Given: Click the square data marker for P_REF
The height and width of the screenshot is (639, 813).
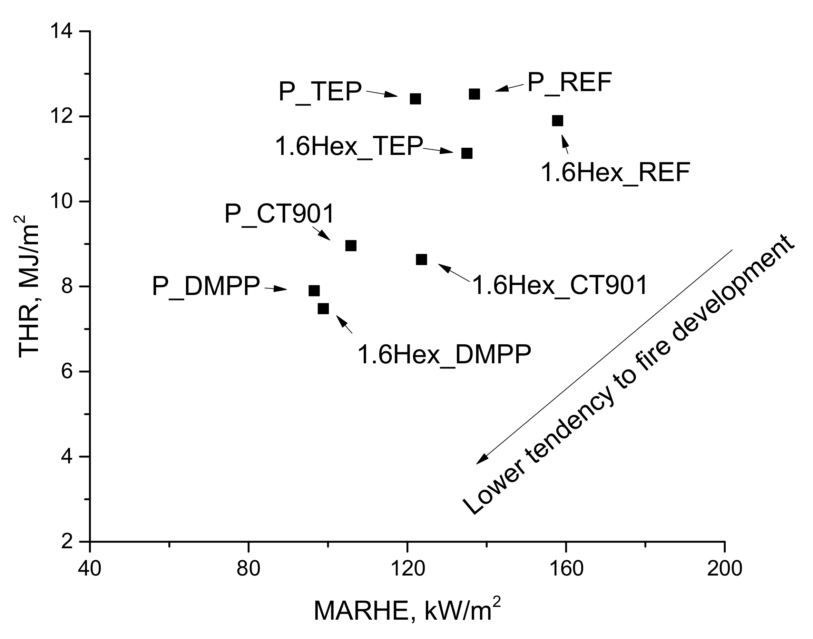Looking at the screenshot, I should click(474, 94).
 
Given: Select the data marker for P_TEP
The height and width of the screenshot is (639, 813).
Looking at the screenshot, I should click(415, 99).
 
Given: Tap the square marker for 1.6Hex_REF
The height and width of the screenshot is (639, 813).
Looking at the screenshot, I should click(557, 120).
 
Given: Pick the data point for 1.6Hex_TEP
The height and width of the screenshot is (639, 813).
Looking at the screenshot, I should click(467, 154).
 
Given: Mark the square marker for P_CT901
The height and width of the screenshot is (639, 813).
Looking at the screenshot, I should click(351, 246).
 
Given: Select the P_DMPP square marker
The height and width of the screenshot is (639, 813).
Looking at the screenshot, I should click(314, 291).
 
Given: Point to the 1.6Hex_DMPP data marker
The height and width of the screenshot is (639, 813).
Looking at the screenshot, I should click(323, 309).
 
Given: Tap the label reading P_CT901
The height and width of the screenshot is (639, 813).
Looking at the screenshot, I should click(279, 215).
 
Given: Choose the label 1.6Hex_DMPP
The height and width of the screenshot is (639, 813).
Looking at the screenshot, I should click(444, 354).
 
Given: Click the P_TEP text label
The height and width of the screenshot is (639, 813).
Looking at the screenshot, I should click(320, 92).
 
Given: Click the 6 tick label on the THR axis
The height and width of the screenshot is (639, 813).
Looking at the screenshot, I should click(67, 372).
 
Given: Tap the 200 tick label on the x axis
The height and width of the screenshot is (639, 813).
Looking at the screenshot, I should click(725, 569).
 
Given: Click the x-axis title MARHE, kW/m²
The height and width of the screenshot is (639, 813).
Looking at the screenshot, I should click(407, 611).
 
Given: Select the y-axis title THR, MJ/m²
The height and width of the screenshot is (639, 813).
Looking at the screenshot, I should click(28, 286).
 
